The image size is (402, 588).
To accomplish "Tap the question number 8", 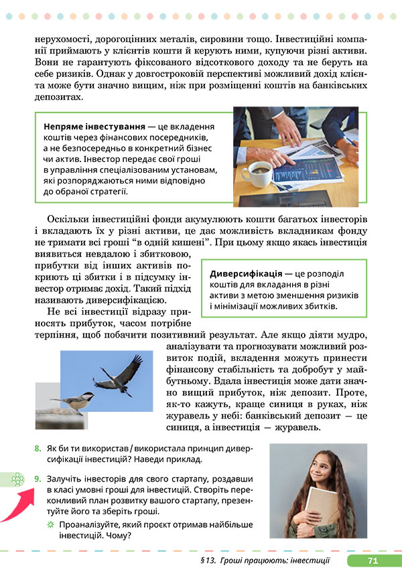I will pyautogui.click(x=37, y=449).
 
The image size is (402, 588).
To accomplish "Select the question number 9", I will pyautogui.click(x=37, y=478).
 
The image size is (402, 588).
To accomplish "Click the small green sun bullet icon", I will pyautogui.click(x=50, y=524).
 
